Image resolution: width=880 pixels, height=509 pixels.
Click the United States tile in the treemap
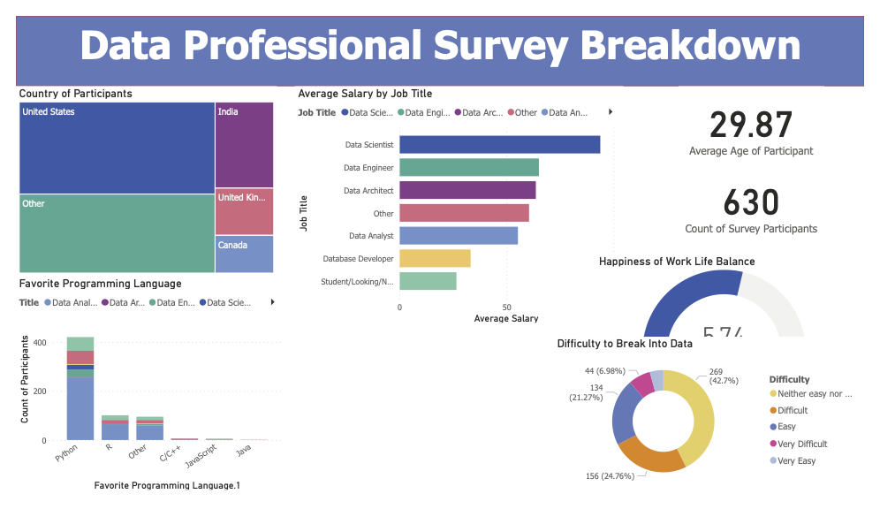117,147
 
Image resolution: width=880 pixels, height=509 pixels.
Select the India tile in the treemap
244,145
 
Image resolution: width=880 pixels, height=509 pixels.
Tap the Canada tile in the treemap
244,254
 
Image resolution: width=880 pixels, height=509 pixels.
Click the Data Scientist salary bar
499,144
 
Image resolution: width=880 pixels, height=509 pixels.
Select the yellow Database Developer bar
435,259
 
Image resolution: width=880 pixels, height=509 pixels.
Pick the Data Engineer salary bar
468,167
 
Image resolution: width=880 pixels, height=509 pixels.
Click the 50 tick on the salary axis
506,308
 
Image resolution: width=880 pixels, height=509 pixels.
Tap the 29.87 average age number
751,125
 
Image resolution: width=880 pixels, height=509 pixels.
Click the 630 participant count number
751,203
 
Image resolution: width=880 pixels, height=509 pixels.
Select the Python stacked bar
80,389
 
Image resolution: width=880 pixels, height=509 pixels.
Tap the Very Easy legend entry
796,460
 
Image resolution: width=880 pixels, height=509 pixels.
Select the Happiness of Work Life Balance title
677,262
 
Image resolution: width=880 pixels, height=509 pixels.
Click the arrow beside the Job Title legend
611,112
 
